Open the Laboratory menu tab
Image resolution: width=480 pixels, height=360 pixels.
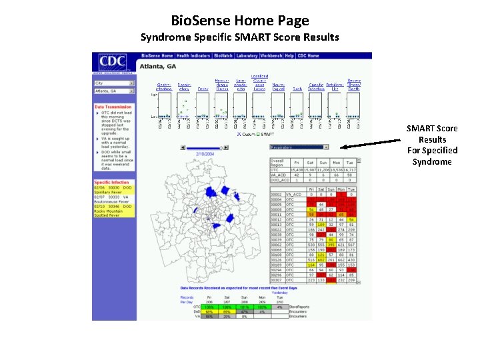tap(247, 56)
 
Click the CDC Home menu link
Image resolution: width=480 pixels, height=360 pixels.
tap(308, 56)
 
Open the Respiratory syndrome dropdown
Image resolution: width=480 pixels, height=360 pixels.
tap(299, 147)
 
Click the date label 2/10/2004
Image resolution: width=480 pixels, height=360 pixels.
tap(205, 154)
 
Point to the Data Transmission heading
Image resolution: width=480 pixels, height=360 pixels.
tap(113, 107)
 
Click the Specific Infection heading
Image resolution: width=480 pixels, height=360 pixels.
tap(111, 182)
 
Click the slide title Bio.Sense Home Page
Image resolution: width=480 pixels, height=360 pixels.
tap(239, 21)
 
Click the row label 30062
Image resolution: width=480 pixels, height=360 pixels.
tap(277, 245)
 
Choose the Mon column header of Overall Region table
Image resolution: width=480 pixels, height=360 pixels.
tap(337, 162)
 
